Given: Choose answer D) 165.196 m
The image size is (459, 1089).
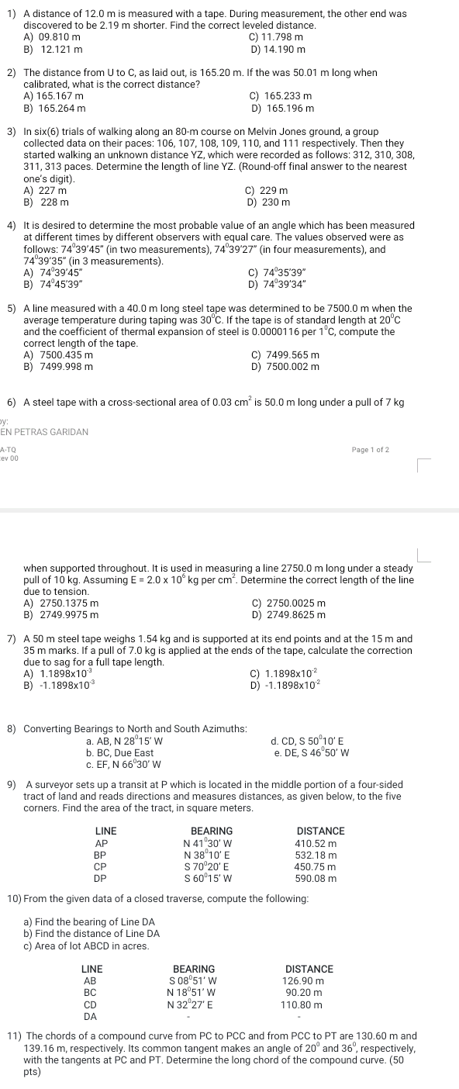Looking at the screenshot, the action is click(278, 108).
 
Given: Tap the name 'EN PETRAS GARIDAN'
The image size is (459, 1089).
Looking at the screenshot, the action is click(44, 431).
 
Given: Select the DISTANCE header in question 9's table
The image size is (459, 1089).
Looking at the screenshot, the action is click(320, 830).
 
